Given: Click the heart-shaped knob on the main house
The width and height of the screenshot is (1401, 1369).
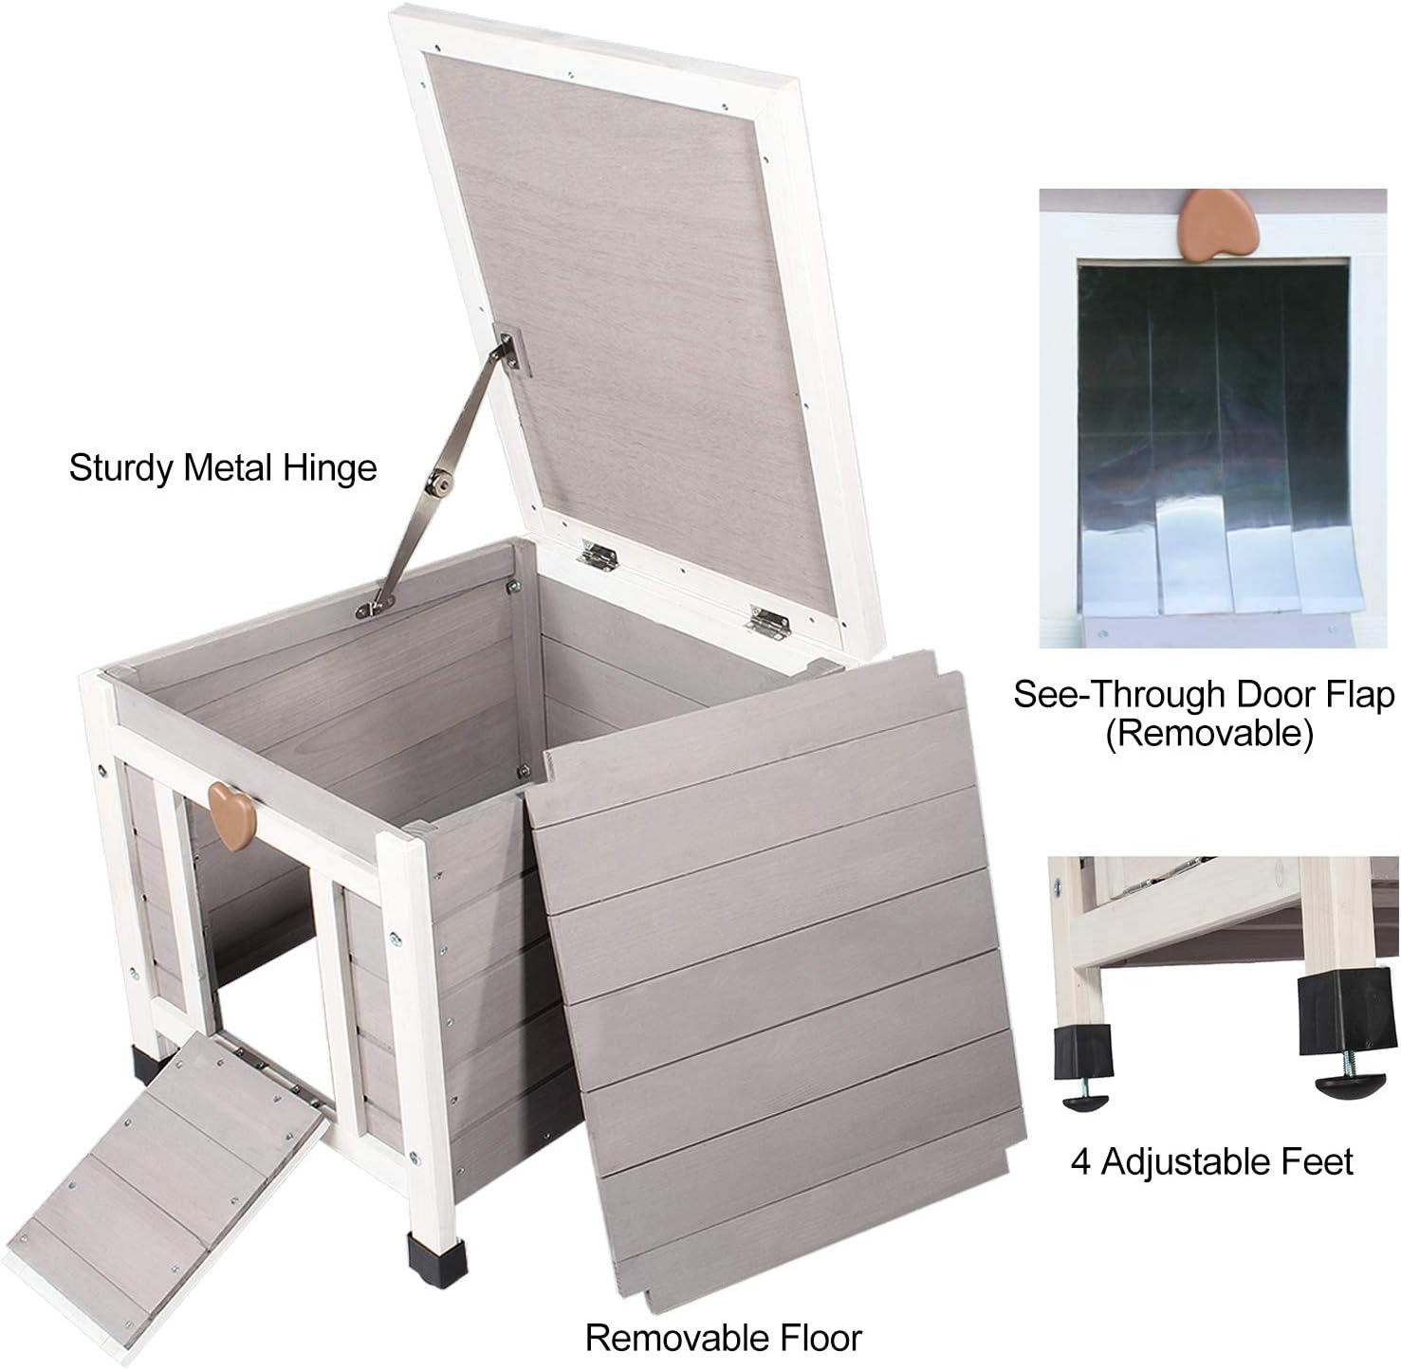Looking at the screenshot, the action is click(231, 816).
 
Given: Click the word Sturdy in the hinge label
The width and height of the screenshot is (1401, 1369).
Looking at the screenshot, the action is click(120, 467).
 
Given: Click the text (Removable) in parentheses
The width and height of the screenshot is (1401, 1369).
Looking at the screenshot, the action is click(1208, 733).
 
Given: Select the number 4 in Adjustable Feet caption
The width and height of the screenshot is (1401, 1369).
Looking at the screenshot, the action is click(1081, 1161).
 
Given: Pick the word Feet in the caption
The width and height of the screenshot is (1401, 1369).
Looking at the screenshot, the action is click(1318, 1161).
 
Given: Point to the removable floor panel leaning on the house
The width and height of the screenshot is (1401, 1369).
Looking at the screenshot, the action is click(778, 948).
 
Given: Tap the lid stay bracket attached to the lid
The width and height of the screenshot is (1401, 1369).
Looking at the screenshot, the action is click(511, 351).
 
